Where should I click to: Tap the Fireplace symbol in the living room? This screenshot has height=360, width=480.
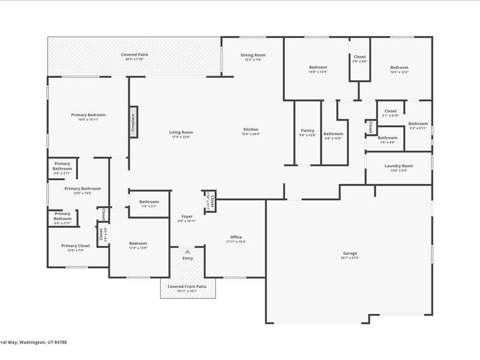(x=133, y=122)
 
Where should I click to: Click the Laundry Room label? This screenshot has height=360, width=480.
(x=398, y=167)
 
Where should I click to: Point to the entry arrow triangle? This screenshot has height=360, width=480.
(x=188, y=251)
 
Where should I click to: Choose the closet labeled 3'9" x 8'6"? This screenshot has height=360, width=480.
(x=360, y=59)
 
